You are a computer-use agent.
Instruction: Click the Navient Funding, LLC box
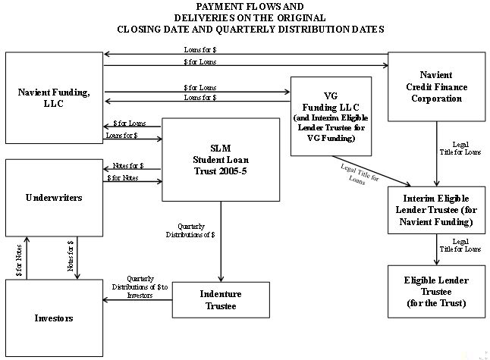[54, 98]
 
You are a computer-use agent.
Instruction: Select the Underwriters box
[54, 198]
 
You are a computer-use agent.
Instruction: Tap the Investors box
[54, 318]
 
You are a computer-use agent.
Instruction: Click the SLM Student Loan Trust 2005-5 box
[221, 160]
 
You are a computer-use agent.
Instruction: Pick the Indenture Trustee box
[221, 299]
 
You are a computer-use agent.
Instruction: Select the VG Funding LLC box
[331, 116]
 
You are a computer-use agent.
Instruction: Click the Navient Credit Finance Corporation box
[437, 86]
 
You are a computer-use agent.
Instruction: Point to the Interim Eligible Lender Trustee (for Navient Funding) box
[437, 210]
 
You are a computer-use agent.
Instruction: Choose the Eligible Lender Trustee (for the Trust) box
[437, 292]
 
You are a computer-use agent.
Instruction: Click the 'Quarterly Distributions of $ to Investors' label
[140, 287]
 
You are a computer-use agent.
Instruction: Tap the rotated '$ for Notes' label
[19, 260]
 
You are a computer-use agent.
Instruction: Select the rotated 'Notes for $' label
[71, 255]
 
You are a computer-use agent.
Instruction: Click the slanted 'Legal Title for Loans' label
[359, 174]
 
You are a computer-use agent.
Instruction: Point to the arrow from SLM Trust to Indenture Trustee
[221, 242]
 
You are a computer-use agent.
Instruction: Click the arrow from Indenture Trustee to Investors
[137, 300]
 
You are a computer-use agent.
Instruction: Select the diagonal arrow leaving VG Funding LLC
[371, 171]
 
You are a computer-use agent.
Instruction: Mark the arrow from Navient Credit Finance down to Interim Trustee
[437, 154]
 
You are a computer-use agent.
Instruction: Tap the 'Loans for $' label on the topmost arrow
[200, 50]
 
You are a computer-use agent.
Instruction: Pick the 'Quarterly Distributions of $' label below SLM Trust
[190, 230]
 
